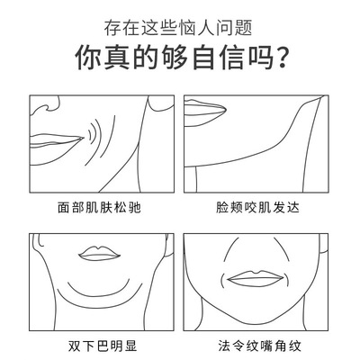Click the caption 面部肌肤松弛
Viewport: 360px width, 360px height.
click(99, 207)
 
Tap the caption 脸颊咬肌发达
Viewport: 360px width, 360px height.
click(257, 207)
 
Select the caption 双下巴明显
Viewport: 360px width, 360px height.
click(103, 346)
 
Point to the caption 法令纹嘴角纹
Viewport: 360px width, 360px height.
click(259, 346)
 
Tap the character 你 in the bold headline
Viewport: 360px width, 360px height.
click(87, 58)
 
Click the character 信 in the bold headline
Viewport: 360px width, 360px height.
click(231, 58)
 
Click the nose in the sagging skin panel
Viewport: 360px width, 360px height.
click(45, 107)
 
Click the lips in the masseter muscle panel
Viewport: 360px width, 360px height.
click(204, 111)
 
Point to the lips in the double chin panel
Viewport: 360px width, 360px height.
click(99, 254)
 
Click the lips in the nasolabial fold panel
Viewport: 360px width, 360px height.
click(256, 278)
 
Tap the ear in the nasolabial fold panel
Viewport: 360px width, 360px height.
click(323, 244)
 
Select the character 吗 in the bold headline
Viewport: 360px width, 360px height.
click(260, 58)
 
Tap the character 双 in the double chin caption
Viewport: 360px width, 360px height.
click(74, 346)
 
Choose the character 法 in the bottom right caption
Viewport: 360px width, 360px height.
click(224, 346)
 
